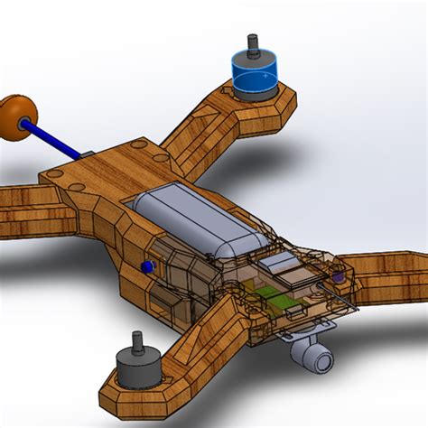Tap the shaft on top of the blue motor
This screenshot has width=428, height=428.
point(252,44)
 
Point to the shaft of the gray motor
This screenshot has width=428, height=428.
point(138,342)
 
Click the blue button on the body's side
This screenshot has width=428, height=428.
point(144,266)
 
